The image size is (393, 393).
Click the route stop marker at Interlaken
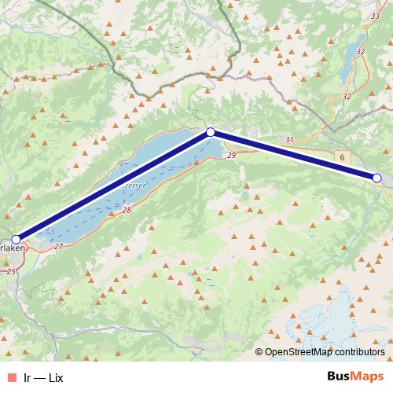point(16,239)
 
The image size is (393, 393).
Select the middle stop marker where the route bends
point(210,133)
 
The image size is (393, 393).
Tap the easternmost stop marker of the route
point(376,178)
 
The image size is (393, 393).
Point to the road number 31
point(289,140)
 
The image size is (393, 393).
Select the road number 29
point(231,156)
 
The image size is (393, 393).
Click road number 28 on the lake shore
point(127,211)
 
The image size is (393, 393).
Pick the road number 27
point(59,247)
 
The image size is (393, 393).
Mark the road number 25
point(10,271)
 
